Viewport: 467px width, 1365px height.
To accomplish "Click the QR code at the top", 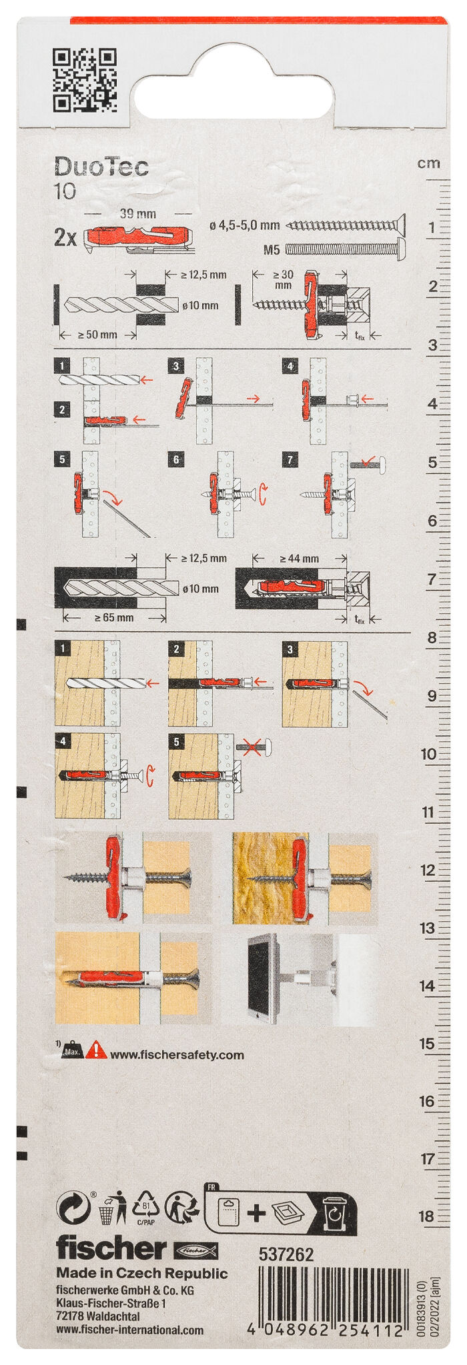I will (x=85, y=79).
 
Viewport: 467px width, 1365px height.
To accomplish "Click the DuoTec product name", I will (x=101, y=167).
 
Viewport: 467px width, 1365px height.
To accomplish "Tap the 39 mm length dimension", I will (x=137, y=214).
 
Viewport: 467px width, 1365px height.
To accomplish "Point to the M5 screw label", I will (x=272, y=250).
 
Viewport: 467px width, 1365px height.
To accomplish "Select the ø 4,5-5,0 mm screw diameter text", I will (x=244, y=226).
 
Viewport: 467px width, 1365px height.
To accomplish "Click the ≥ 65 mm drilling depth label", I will (x=113, y=618).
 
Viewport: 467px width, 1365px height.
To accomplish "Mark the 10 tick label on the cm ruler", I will (x=428, y=754).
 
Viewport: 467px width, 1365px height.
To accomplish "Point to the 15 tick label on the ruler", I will (x=427, y=1044).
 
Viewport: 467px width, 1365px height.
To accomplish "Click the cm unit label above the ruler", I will (x=428, y=163).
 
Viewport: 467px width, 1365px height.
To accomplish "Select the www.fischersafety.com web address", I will (x=177, y=1055).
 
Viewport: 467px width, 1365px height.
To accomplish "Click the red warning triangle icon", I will (x=96, y=1050).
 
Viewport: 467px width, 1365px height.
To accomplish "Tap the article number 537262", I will (x=286, y=1254).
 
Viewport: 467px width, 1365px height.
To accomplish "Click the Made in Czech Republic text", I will (x=141, y=1273).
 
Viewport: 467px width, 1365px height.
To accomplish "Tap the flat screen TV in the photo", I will (x=260, y=978).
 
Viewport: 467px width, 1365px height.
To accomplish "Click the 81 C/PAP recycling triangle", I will (x=145, y=1208).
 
